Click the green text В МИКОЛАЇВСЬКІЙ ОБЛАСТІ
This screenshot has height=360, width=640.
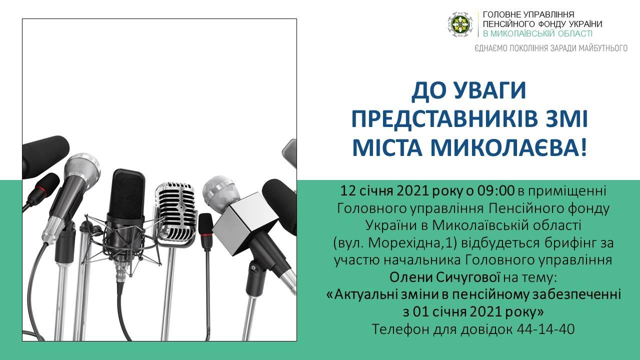(x=537, y=33)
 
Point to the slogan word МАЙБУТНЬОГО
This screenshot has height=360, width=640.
(x=603, y=48)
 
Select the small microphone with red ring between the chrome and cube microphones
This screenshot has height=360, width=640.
(x=206, y=231)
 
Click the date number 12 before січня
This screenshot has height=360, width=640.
(x=347, y=190)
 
